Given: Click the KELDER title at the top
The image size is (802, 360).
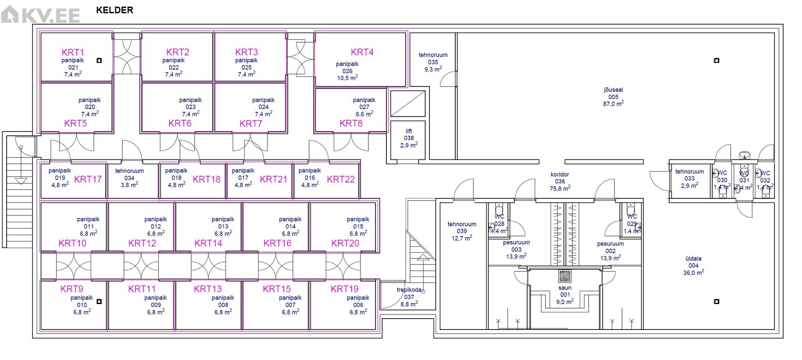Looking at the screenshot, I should coord(114,10).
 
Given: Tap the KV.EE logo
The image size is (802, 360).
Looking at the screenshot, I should coord(40,15).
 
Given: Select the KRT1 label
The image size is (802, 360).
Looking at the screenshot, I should coord(73,52).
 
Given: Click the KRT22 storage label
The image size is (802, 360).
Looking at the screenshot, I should coord(340,180).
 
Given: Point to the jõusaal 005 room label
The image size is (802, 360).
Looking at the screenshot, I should coord(613,97).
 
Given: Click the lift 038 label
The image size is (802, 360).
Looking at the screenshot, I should coord(409,138).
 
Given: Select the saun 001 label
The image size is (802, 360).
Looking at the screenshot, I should coord(565,294).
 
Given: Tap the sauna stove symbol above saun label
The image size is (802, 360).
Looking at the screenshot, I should coord(565,276).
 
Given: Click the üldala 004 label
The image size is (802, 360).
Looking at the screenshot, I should coord(693,266).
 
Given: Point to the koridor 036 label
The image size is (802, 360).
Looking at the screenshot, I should coord(560,182).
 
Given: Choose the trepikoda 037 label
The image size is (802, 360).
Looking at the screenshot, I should coord(409,297).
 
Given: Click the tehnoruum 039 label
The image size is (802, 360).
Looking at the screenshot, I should coord(462,231).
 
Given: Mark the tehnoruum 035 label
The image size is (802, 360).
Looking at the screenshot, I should coord(433,62).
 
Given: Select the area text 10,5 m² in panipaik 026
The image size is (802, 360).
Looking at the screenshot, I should coord(347,78).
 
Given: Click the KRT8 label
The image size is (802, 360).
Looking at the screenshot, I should coord(351,124).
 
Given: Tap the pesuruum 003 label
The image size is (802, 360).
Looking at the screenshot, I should coord(516,249).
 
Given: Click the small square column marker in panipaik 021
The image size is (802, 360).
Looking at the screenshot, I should coord(99,61).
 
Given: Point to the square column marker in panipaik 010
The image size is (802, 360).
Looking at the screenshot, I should coord(99,302).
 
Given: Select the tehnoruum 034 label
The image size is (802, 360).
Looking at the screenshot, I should coord(129,178).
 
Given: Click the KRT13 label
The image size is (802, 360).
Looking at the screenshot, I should coord(208,289).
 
